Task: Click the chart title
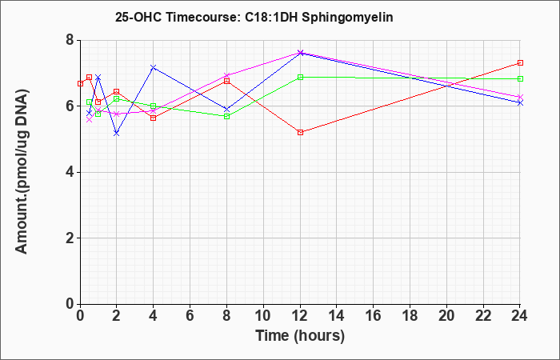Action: point(254,17)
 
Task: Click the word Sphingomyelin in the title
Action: point(347,17)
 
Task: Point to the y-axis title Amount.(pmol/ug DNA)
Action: point(22,171)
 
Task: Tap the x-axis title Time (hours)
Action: point(300,336)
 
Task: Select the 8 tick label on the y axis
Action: point(70,40)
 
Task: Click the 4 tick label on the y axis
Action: point(70,172)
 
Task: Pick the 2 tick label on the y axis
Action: point(70,238)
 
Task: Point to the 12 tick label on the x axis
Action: point(300,316)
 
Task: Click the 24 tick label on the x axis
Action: point(520,316)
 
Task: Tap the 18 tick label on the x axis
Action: point(410,316)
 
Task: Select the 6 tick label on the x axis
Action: point(190,316)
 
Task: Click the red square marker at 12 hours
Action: point(300,133)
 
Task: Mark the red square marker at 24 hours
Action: point(520,63)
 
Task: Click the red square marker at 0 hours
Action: point(80,83)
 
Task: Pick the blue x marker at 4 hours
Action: point(154,67)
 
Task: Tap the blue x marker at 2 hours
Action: point(117,134)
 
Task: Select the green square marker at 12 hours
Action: point(300,77)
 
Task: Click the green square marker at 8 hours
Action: point(226,117)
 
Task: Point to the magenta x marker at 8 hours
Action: point(226,75)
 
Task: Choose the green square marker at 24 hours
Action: point(520,79)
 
